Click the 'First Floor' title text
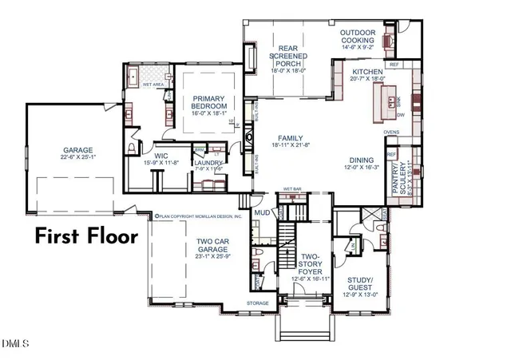click(x=86, y=236)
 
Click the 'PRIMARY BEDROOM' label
click(x=210, y=102)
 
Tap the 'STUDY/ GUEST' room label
click(x=360, y=284)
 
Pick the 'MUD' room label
click(x=262, y=213)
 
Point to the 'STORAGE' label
click(x=258, y=303)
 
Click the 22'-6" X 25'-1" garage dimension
click(x=78, y=158)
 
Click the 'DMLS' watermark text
click(x=14, y=344)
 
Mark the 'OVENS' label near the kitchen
click(x=391, y=133)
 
